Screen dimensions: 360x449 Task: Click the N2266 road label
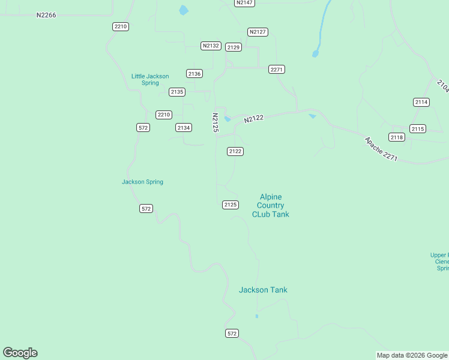coord(46,15)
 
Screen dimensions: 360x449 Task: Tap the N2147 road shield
coord(244,2)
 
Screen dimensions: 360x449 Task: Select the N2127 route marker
coord(258,32)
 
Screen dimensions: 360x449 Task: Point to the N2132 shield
coord(211,46)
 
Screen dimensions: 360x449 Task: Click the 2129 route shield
coord(234,47)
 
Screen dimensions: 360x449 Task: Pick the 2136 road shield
coord(194,73)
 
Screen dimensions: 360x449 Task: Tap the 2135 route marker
coord(177,92)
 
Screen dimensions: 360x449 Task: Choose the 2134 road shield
coord(184,128)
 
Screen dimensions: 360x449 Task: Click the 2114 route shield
coord(421,102)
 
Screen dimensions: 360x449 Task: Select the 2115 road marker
coord(418,129)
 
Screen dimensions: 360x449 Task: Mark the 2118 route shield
coord(397,137)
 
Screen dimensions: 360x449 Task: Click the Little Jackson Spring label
coord(150,79)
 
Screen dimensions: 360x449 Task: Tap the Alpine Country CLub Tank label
coord(271,205)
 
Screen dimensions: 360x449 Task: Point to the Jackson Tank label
coord(263,290)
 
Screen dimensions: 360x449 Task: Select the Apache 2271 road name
coord(381,149)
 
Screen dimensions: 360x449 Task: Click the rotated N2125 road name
coord(215,122)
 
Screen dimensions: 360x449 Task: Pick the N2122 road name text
coord(254,119)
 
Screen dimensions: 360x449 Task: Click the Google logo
coord(20,353)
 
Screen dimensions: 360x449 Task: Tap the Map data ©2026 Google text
coord(412,356)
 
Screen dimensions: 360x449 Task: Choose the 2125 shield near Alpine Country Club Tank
coord(231,205)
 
